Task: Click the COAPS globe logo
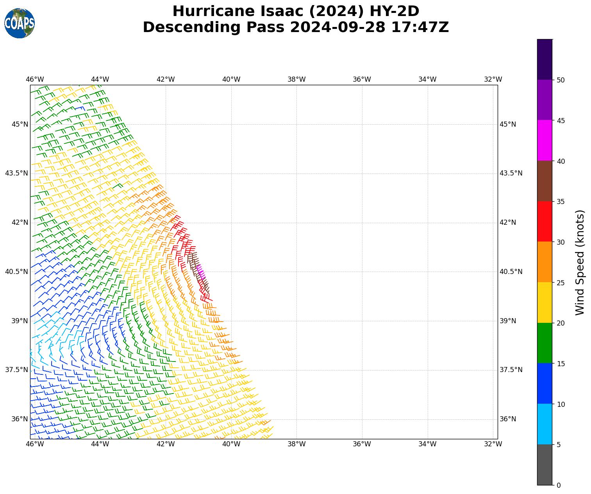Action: click(x=20, y=23)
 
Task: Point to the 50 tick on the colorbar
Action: click(x=561, y=80)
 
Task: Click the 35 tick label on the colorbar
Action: click(x=561, y=202)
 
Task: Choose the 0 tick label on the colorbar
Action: click(x=559, y=485)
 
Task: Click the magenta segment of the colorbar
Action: click(x=545, y=140)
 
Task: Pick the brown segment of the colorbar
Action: click(x=545, y=181)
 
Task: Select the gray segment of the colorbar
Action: click(x=545, y=465)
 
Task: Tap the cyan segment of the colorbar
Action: click(x=545, y=424)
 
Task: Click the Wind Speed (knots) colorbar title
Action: click(x=580, y=262)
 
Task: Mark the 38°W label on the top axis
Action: click(x=296, y=79)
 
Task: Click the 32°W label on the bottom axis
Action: click(x=493, y=444)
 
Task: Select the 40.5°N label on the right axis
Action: click(x=511, y=272)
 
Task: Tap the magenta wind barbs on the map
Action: click(x=200, y=270)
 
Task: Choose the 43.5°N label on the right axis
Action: click(x=511, y=173)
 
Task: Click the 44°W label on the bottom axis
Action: click(x=100, y=444)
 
